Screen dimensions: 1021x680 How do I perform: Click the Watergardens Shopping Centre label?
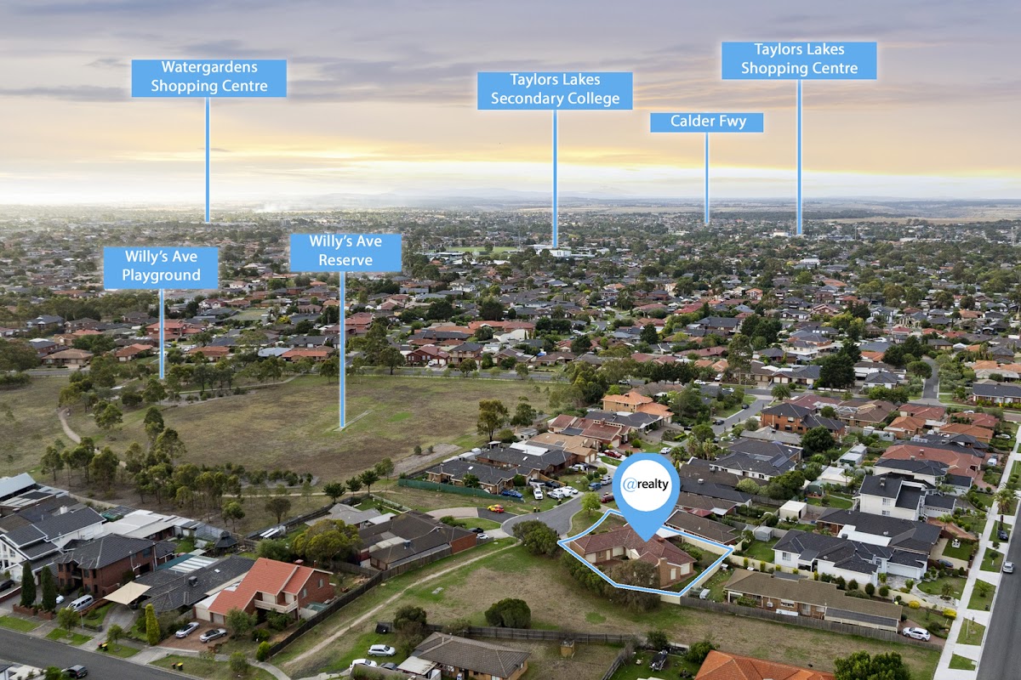pos(208,77)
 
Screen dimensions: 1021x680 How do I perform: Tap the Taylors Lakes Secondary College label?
pos(554,90)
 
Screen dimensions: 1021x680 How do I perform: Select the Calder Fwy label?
pos(706,122)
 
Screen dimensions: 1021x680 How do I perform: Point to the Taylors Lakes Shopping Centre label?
pos(799,59)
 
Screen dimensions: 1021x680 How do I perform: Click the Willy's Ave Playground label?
pos(161,267)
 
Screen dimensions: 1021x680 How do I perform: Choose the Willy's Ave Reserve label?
pos(345,252)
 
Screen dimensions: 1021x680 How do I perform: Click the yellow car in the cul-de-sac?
pos(495,508)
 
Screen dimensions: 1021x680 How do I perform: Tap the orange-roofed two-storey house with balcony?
pos(271,586)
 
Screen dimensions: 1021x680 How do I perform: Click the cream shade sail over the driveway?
pos(128,592)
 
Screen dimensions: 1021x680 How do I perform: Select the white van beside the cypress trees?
pos(81,603)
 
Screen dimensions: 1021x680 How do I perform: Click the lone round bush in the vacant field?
pos(508,613)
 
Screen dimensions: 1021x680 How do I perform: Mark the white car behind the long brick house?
pos(915,632)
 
